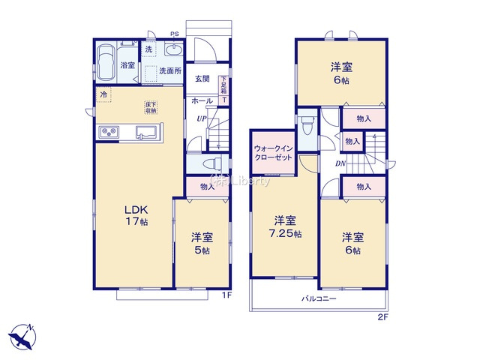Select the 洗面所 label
click(169, 71)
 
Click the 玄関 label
click(202, 79)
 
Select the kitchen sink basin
click(145, 133)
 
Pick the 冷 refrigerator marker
click(103, 94)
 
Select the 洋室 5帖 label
click(202, 244)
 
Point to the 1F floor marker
click(226, 295)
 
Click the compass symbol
click(22, 334)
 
